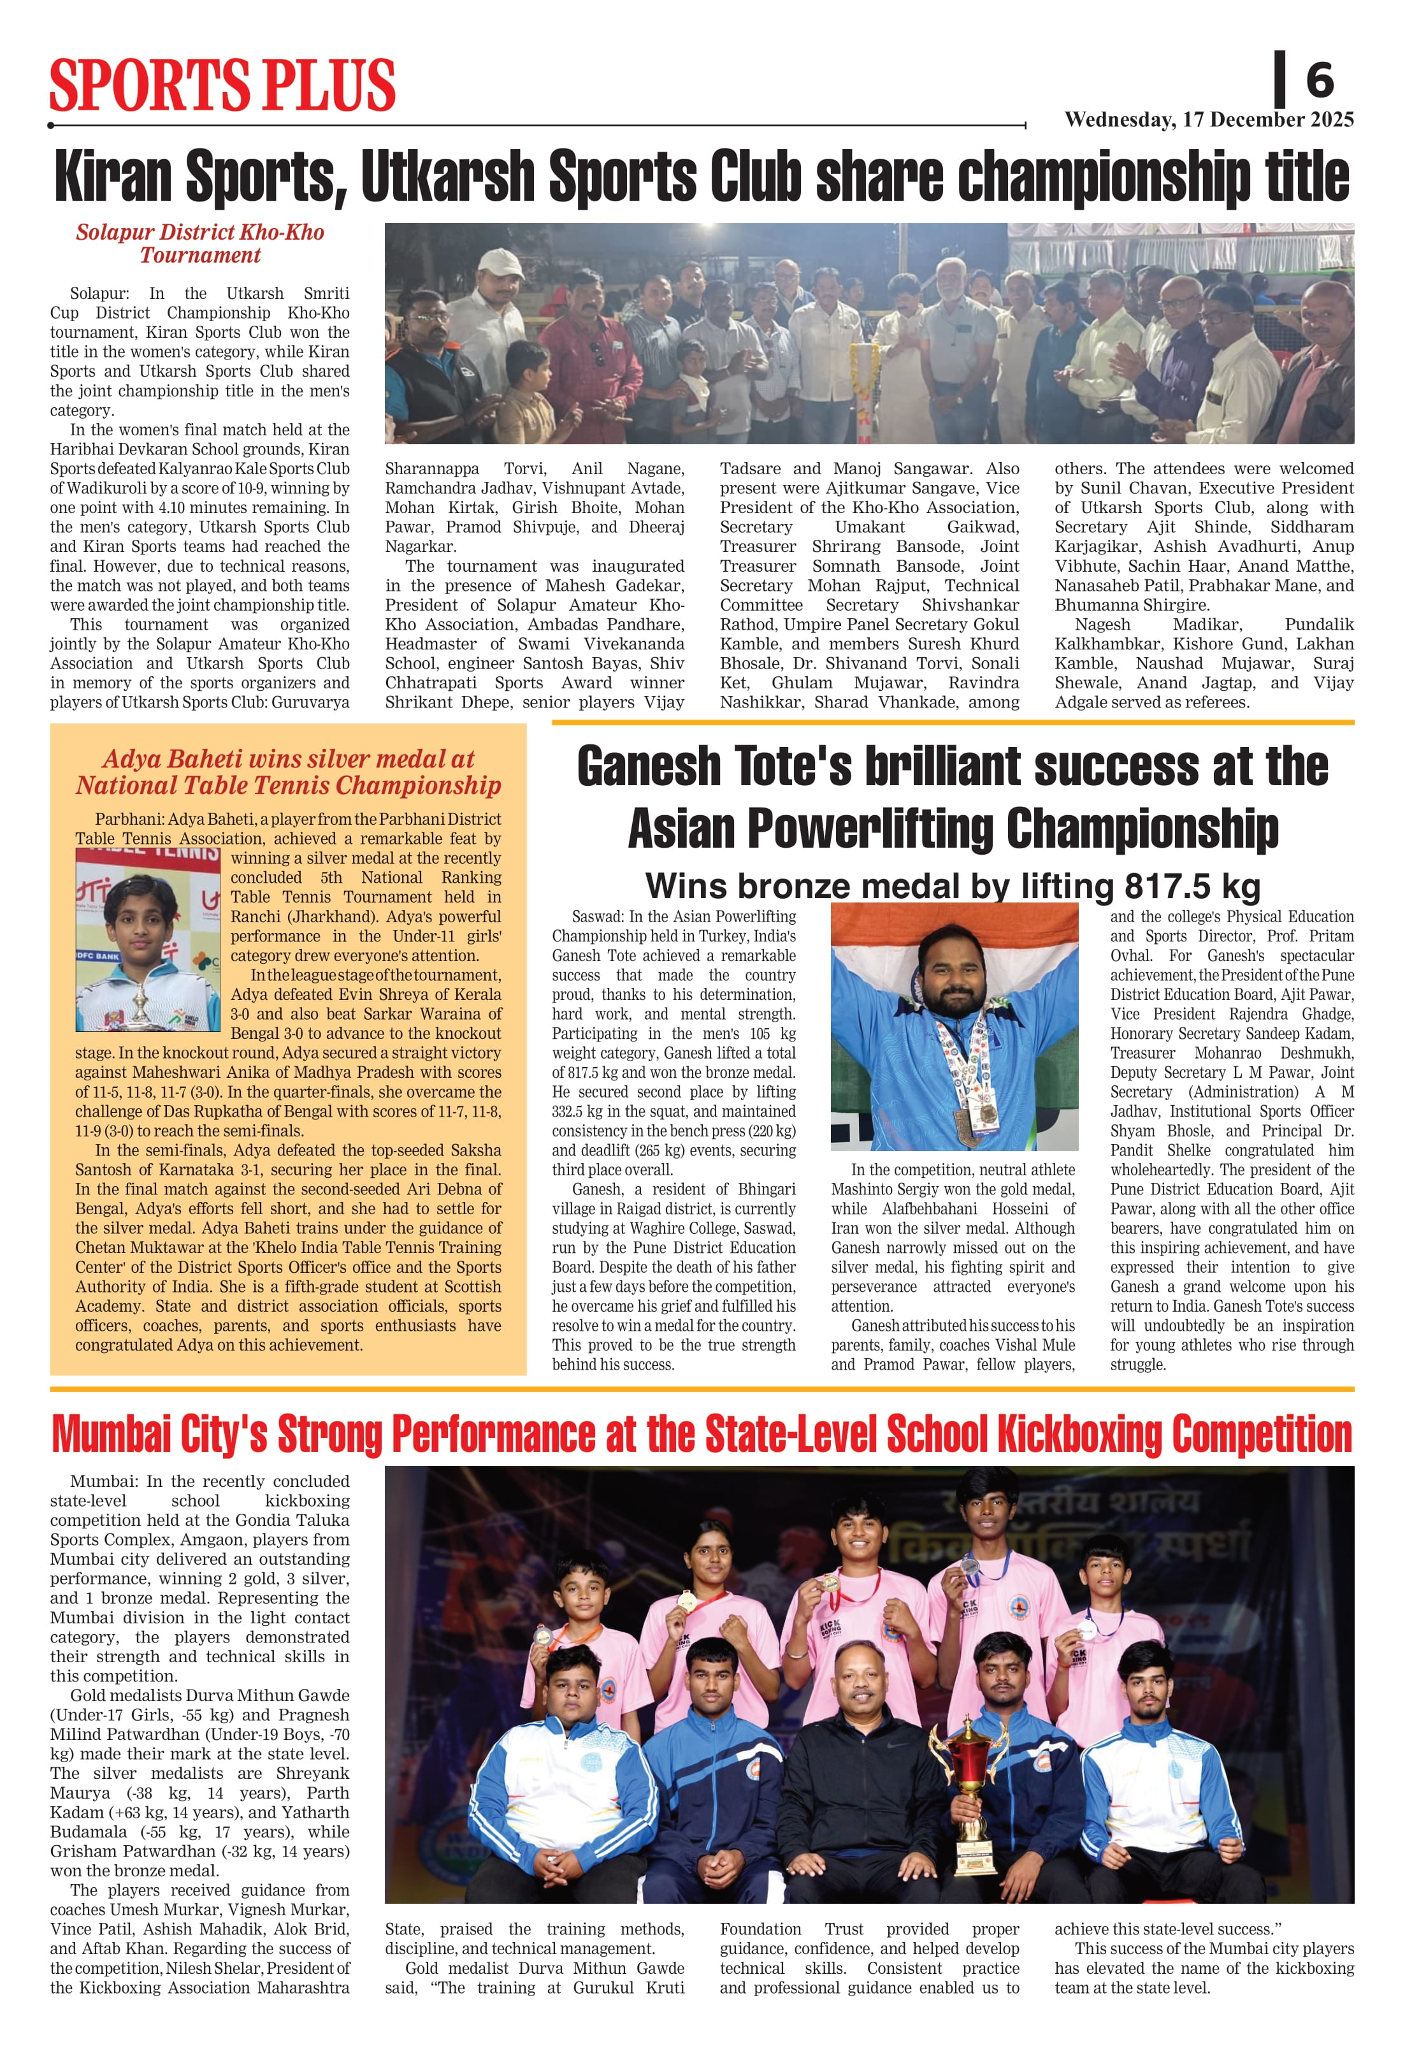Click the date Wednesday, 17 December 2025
[1209, 120]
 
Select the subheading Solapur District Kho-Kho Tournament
[200, 243]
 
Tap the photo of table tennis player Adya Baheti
[148, 939]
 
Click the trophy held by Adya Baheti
[141, 1004]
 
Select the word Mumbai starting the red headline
[111, 1435]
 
